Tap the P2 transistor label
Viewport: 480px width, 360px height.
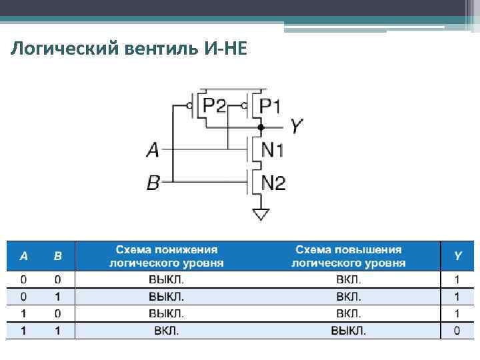(x=215, y=106)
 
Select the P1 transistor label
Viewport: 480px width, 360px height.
(x=271, y=106)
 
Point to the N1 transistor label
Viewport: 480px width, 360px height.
(x=273, y=150)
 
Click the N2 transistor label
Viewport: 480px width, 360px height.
(x=273, y=181)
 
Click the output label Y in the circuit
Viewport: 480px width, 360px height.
(x=297, y=126)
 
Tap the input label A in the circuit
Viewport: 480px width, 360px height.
(x=153, y=151)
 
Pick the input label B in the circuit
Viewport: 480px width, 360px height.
(x=153, y=181)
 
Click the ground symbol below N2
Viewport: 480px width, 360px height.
(x=261, y=214)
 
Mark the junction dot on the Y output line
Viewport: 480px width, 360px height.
(x=261, y=126)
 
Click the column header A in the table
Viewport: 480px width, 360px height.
(x=24, y=256)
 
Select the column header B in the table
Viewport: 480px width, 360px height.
(x=58, y=256)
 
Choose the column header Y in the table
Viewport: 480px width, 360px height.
(x=457, y=256)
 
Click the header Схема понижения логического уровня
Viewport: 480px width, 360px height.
(x=167, y=256)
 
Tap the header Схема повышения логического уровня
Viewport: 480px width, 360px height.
(x=349, y=256)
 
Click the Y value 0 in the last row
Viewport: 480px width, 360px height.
(x=457, y=331)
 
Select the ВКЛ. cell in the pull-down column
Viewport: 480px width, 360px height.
(x=167, y=331)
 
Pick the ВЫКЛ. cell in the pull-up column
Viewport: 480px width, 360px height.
(x=349, y=331)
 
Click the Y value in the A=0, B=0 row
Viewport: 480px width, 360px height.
(x=457, y=279)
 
